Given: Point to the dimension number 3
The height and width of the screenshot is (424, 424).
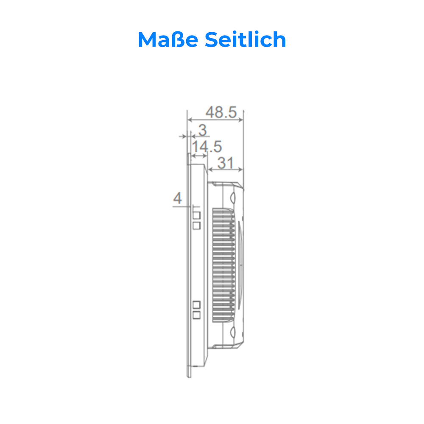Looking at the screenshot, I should click(x=202, y=130).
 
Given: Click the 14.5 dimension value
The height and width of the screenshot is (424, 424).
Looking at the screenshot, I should click(x=207, y=147).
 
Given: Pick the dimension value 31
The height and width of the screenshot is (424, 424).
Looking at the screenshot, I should click(x=225, y=163).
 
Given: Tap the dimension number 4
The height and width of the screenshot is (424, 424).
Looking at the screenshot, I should click(x=178, y=198).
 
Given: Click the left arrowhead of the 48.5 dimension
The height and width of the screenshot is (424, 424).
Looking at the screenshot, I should click(x=189, y=119).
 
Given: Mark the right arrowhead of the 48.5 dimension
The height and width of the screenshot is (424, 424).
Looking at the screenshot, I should click(x=242, y=119).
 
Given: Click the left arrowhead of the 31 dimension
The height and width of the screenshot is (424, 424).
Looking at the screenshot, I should click(x=209, y=170).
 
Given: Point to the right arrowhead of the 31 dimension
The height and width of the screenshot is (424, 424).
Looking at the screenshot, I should click(x=242, y=170).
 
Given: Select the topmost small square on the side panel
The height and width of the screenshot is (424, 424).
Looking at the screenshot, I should click(x=196, y=215).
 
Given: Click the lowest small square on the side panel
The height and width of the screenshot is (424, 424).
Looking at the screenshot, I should click(x=196, y=315).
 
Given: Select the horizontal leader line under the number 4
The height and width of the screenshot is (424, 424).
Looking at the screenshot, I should click(x=182, y=206).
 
